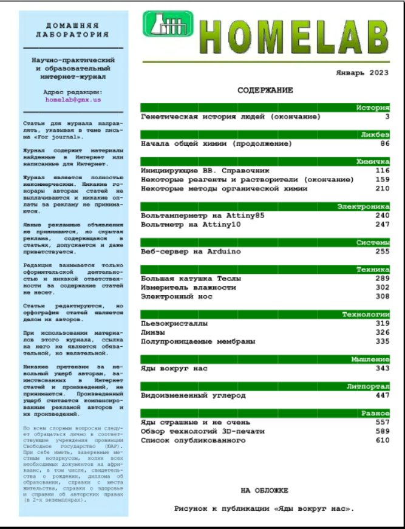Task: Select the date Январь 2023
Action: [x=362, y=72]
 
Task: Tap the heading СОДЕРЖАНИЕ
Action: [x=265, y=90]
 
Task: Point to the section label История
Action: [x=372, y=108]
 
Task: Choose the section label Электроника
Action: [x=364, y=206]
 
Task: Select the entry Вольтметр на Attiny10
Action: [x=191, y=225]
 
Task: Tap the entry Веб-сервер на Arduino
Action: [x=191, y=251]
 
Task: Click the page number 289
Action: [x=382, y=279]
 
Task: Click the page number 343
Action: [x=382, y=368]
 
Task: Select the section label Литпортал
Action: [x=368, y=386]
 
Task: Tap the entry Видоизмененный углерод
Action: [x=193, y=395]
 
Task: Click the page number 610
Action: [x=382, y=440]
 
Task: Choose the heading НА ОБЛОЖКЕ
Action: [x=264, y=490]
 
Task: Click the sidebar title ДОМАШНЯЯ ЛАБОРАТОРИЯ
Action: [x=72, y=30]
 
